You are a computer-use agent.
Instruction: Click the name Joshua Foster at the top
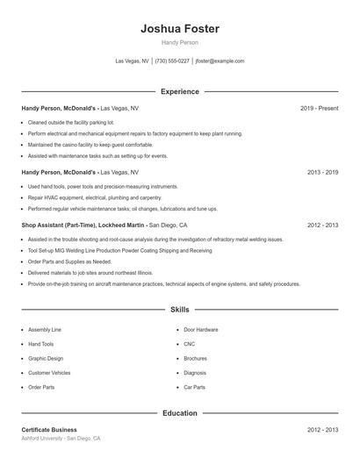click(180, 29)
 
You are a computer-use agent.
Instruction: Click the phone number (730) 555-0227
click(173, 61)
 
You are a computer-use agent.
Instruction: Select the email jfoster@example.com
click(220, 61)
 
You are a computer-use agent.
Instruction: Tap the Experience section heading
click(180, 91)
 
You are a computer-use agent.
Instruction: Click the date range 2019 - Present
click(319, 108)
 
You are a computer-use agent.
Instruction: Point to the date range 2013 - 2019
click(322, 173)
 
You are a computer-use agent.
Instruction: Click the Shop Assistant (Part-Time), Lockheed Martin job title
click(83, 225)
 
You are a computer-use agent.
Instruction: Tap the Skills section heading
click(180, 310)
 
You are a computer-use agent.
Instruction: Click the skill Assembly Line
click(44, 329)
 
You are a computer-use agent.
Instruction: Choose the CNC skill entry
click(190, 344)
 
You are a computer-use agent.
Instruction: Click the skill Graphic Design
click(46, 358)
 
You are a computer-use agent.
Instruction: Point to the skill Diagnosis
click(195, 373)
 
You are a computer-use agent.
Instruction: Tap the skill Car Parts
click(194, 387)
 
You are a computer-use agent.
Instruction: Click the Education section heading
click(180, 412)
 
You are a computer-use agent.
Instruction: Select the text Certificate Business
click(49, 430)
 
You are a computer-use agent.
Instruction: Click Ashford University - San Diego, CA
click(61, 438)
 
